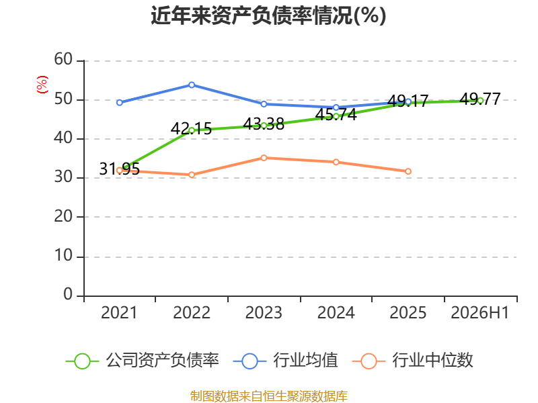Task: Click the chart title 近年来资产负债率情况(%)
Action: click(x=268, y=15)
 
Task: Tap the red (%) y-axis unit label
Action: click(x=42, y=85)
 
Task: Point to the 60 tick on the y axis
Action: click(x=63, y=60)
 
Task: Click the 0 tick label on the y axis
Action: click(x=68, y=295)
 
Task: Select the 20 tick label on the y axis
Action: click(x=63, y=216)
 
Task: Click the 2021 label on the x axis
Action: click(x=119, y=313)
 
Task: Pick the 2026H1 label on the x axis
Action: click(x=479, y=313)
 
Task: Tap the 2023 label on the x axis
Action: click(x=264, y=313)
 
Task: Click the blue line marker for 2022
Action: click(x=192, y=85)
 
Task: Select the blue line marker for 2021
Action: click(x=120, y=103)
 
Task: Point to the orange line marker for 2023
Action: click(x=264, y=158)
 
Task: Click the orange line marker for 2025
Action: click(x=408, y=171)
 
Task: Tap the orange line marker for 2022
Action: click(x=192, y=175)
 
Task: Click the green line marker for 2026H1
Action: click(x=480, y=100)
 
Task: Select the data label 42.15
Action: click(x=191, y=129)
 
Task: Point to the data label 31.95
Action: click(x=120, y=169)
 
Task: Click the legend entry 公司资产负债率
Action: click(x=143, y=361)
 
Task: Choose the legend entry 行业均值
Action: click(x=285, y=361)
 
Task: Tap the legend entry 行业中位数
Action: click(x=412, y=361)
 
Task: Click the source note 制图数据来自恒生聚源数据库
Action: click(x=269, y=396)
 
